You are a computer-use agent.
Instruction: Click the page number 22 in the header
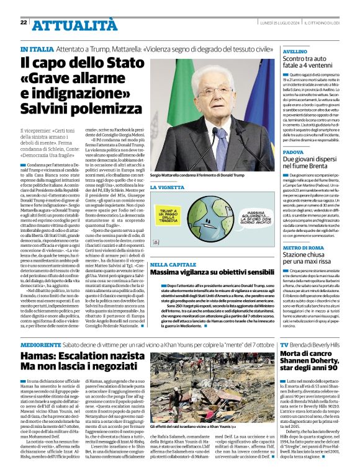point(24,22)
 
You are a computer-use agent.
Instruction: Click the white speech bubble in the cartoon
point(248,214)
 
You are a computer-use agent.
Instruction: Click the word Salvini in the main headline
point(47,107)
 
